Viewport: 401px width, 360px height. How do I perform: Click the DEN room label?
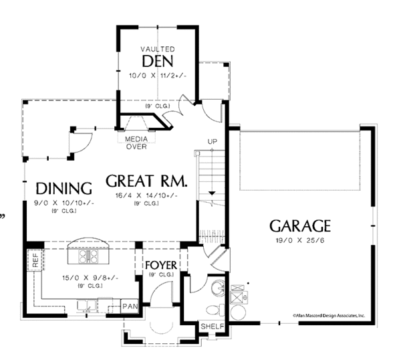[x=158, y=62]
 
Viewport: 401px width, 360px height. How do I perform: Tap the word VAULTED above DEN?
[x=158, y=50]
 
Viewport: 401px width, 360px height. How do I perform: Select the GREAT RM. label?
[x=146, y=181]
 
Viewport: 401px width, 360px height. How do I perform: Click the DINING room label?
[x=63, y=187]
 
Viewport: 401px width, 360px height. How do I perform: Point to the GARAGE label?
[x=300, y=225]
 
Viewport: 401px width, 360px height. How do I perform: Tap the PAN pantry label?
[x=130, y=306]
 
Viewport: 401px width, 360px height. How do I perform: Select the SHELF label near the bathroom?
[x=213, y=327]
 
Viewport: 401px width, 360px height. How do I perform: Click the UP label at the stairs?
[x=213, y=142]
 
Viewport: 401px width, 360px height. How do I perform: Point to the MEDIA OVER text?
[x=136, y=143]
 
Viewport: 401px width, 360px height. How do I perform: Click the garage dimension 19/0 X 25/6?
[x=300, y=240]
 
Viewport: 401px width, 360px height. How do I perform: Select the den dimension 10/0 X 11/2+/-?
[x=158, y=76]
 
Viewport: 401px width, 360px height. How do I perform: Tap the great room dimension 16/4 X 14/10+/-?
[x=146, y=195]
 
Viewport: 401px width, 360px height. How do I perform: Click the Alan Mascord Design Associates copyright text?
[x=327, y=314]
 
